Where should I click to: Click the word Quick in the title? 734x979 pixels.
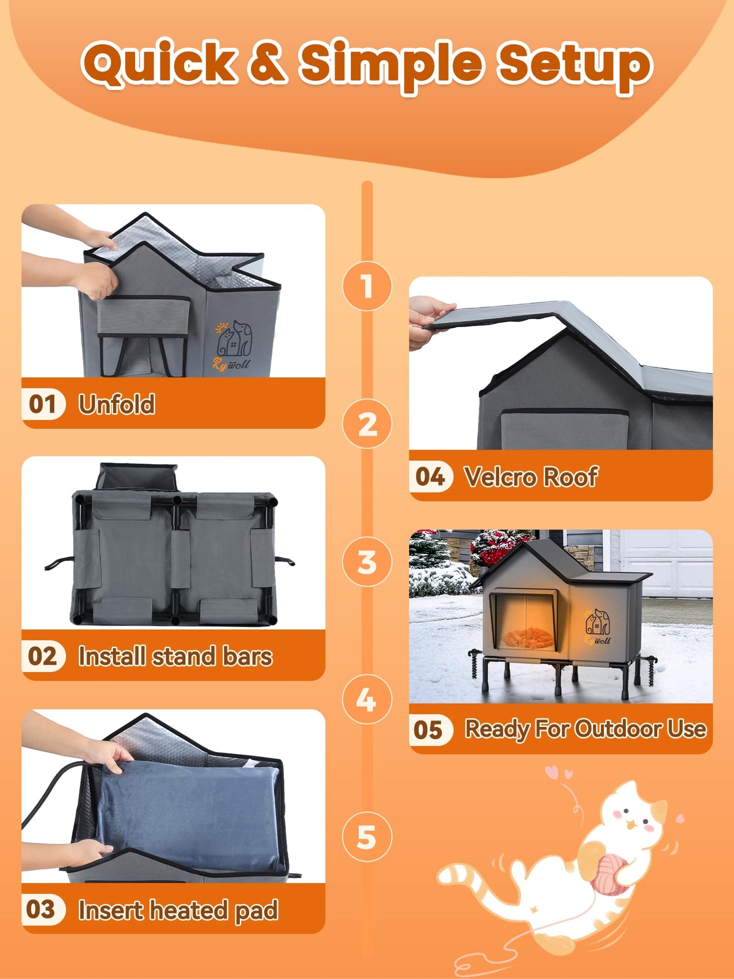[x=159, y=64]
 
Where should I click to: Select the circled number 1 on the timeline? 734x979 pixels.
[x=367, y=286]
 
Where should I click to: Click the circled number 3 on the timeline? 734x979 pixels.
[x=367, y=562]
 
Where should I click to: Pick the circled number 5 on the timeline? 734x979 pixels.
[x=367, y=837]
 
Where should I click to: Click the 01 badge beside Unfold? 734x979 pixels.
[x=43, y=404]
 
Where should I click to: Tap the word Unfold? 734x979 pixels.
[x=117, y=404]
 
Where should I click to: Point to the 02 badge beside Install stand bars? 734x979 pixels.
[x=43, y=656]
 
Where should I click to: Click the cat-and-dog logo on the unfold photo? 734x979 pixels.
[x=234, y=340]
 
